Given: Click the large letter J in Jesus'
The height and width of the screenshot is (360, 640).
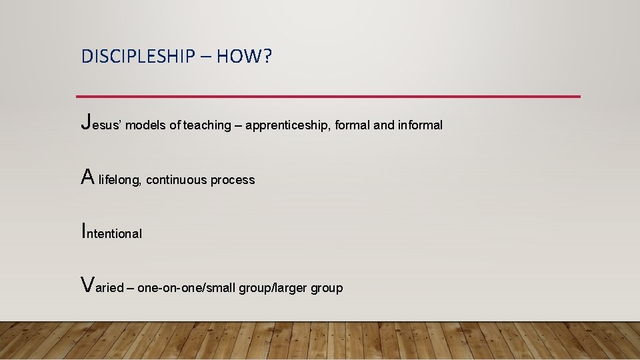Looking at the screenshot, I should (85, 122).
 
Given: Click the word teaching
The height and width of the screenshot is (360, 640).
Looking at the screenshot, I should (205, 125).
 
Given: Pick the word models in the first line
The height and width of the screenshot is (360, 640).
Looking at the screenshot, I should (147, 125).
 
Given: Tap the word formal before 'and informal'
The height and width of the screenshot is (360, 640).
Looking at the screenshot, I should (353, 125).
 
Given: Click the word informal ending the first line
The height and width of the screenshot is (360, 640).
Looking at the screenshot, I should (420, 125).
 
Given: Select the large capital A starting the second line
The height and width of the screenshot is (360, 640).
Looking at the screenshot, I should (87, 177).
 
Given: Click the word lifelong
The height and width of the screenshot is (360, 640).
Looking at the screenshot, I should (119, 180).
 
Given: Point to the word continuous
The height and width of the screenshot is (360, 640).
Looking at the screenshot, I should (176, 180).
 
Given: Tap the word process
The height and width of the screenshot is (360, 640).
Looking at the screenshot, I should (233, 180).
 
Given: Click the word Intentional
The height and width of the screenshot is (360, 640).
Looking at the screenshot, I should (111, 233).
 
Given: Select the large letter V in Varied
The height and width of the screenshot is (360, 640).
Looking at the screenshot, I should (87, 285).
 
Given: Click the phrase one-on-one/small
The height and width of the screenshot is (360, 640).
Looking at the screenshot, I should (186, 288).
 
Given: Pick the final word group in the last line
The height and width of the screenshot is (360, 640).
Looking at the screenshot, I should (327, 288).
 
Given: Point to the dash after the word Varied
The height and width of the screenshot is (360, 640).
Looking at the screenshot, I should (130, 288).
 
